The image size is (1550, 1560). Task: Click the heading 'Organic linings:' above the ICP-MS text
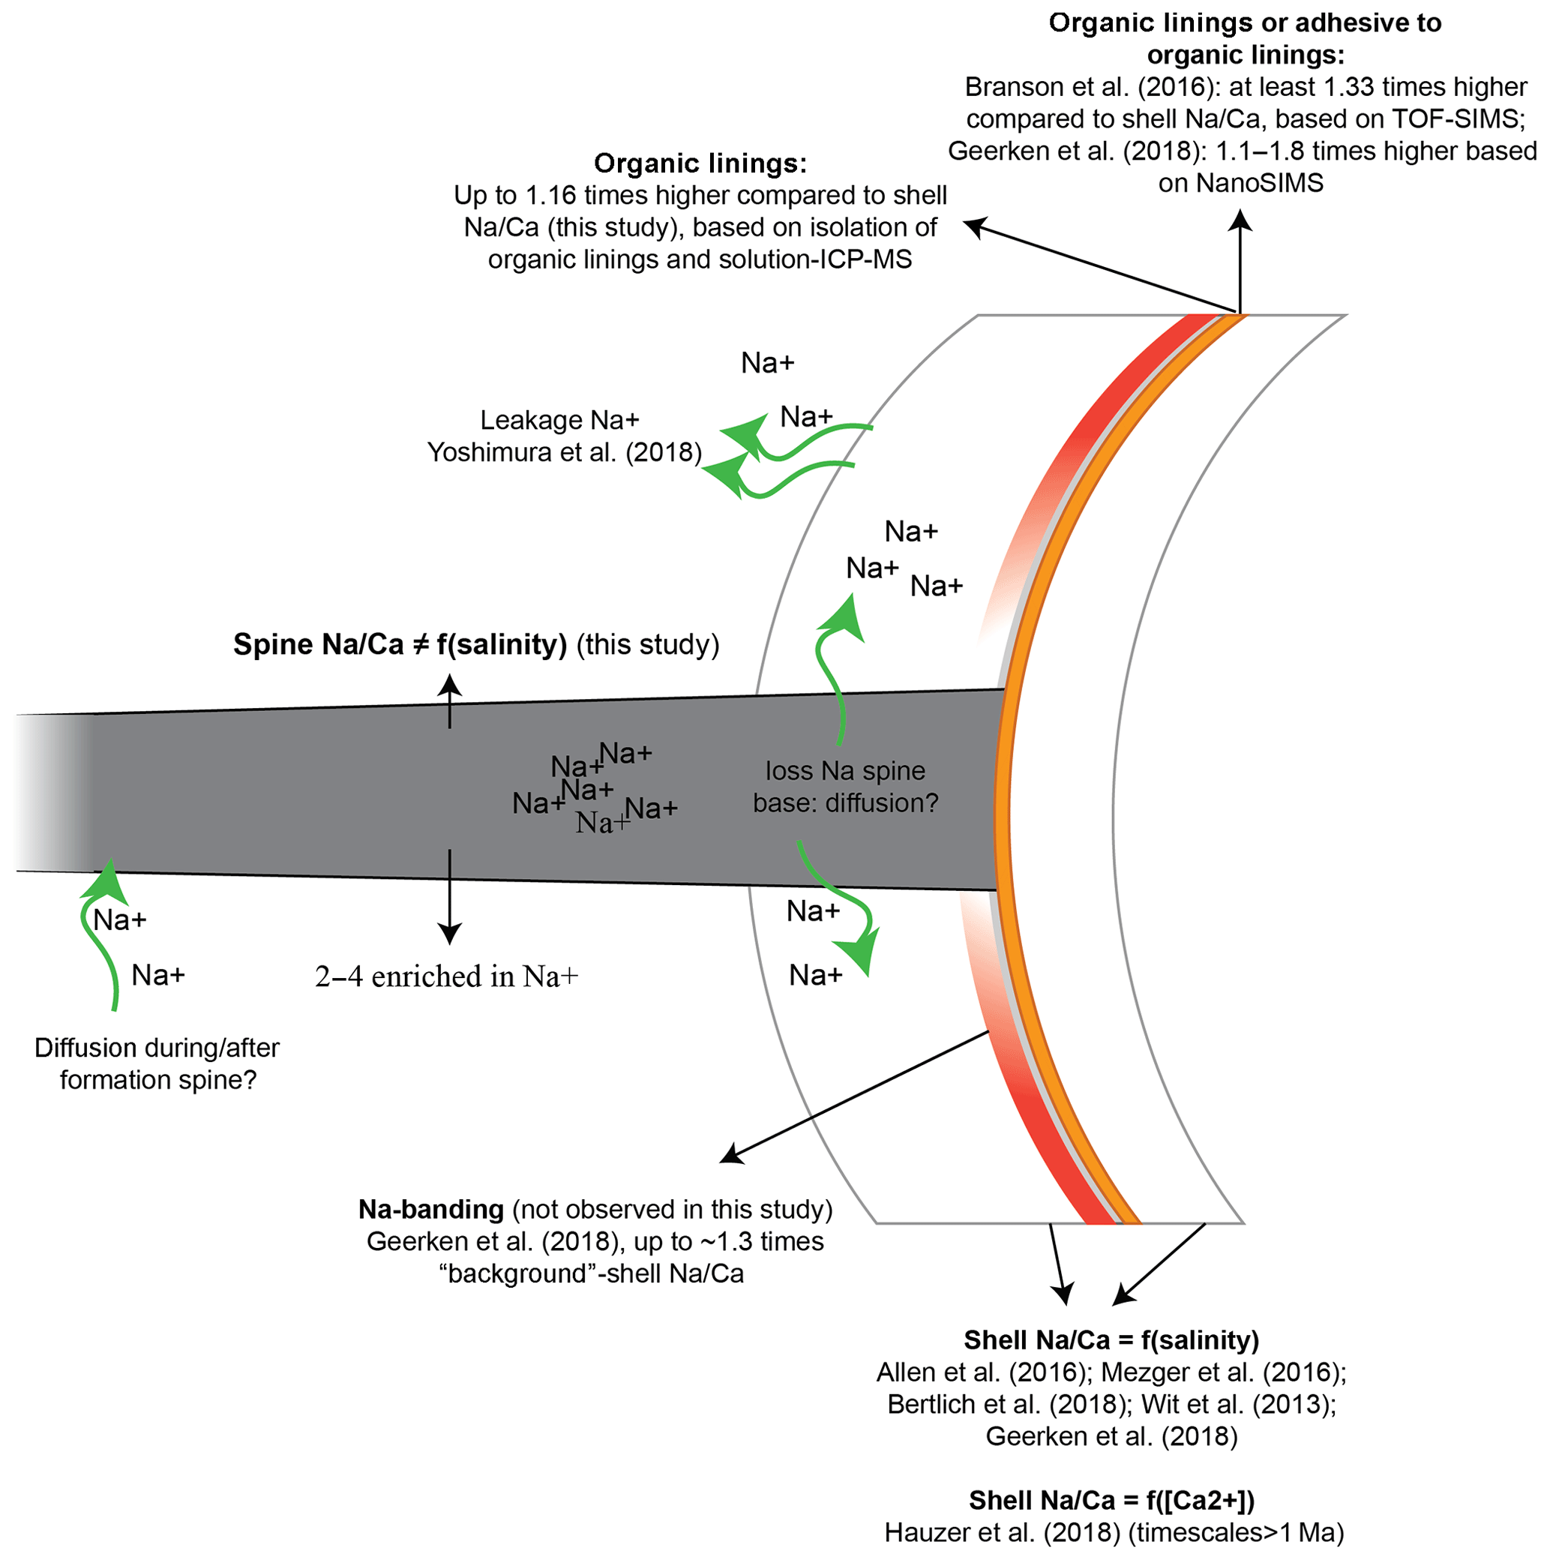(700, 164)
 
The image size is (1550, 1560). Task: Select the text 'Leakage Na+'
(559, 420)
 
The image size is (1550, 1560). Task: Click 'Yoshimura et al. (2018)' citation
(565, 452)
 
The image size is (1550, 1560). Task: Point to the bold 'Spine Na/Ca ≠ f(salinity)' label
(400, 644)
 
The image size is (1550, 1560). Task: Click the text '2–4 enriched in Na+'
(446, 976)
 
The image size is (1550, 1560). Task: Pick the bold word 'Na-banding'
(431, 1209)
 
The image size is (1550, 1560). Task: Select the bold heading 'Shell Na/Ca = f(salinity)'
(1111, 1340)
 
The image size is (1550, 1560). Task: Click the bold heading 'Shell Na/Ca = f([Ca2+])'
(1111, 1500)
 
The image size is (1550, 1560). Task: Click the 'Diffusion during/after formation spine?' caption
(157, 1063)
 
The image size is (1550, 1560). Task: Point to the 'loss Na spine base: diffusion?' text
(845, 787)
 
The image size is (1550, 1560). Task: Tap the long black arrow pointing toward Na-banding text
(856, 1096)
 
